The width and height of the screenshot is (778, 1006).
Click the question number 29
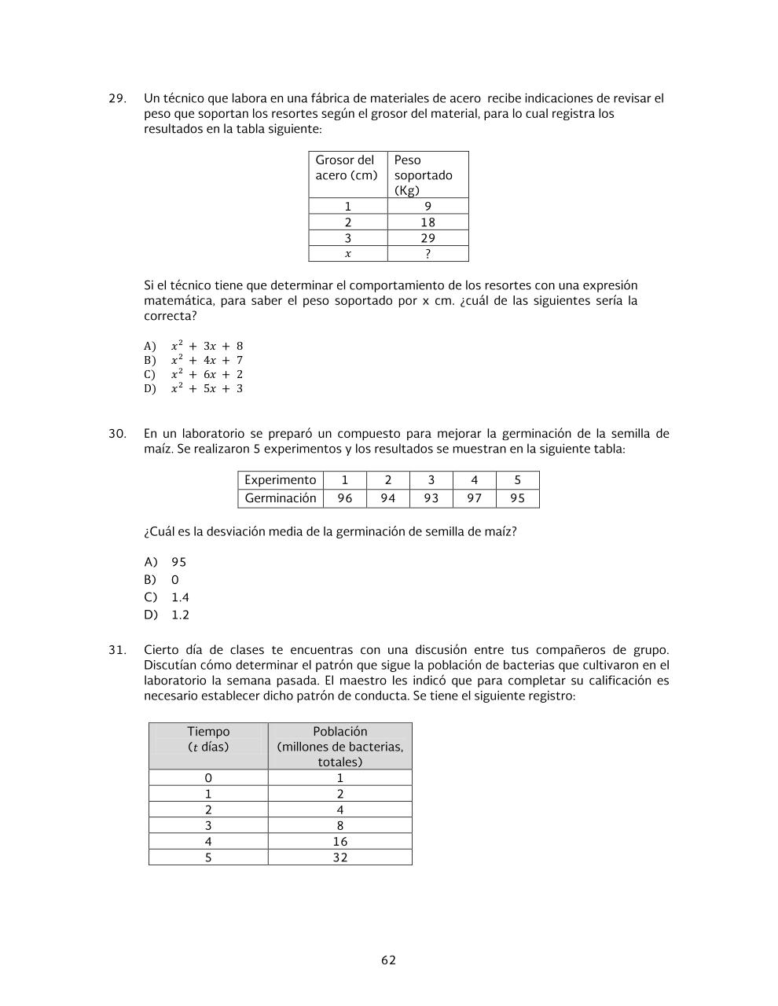(x=117, y=98)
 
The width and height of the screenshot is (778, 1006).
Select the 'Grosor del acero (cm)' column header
(x=347, y=168)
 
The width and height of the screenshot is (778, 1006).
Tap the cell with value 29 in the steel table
(x=428, y=238)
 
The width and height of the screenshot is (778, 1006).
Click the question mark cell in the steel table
(x=428, y=254)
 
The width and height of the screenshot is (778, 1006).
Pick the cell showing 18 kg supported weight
(x=428, y=222)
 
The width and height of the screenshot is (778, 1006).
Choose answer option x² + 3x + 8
(x=207, y=346)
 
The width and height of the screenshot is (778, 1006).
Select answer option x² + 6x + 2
(x=207, y=374)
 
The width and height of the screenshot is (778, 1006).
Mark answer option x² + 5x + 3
(x=207, y=388)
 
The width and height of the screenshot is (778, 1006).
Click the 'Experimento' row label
(x=281, y=480)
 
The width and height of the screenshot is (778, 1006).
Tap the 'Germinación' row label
(x=281, y=498)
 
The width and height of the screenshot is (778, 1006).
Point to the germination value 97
(x=474, y=498)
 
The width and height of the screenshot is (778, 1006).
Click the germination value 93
(x=431, y=498)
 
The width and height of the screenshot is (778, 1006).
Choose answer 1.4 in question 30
(x=180, y=597)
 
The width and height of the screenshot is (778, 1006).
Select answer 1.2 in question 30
(x=180, y=615)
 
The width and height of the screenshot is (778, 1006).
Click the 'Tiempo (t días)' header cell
(x=208, y=740)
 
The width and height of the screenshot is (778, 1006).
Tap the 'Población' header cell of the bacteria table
(x=339, y=746)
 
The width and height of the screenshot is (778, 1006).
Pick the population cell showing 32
(x=339, y=857)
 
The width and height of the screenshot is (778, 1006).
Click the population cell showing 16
(x=339, y=842)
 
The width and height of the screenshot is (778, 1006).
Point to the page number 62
(x=388, y=960)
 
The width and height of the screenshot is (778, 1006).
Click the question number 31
(x=117, y=650)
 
